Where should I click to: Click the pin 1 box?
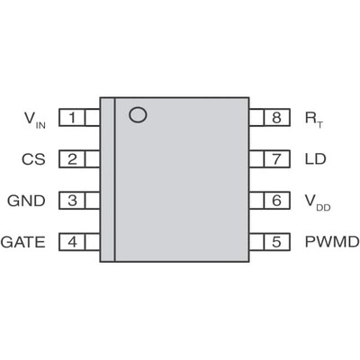(x=71, y=118)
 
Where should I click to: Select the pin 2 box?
(x=71, y=159)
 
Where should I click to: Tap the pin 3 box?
(x=71, y=201)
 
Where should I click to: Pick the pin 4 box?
(x=71, y=242)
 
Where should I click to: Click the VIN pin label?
(x=32, y=119)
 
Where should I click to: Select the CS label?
(x=33, y=159)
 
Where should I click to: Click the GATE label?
(x=22, y=242)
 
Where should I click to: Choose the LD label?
(x=315, y=159)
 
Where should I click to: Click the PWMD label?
(x=331, y=242)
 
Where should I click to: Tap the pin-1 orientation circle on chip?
(x=137, y=114)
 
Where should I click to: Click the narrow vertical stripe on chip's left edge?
(x=107, y=179)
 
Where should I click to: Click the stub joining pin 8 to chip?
(x=256, y=118)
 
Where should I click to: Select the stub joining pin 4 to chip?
(x=92, y=242)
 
